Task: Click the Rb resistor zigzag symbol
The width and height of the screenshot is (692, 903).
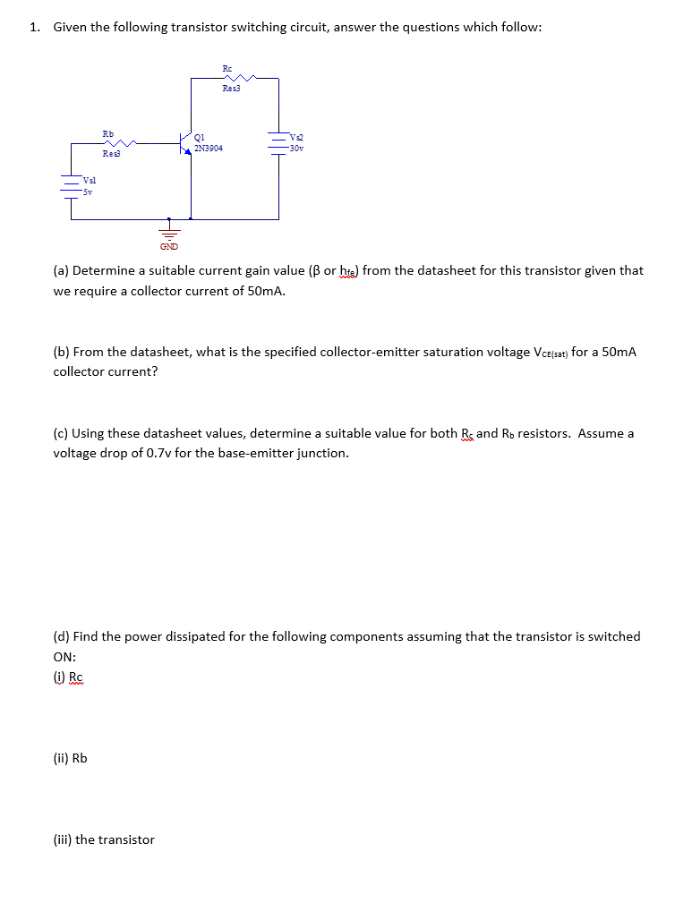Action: point(122,142)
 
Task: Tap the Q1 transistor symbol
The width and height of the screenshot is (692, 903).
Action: point(185,143)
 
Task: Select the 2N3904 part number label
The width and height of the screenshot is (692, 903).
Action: point(209,149)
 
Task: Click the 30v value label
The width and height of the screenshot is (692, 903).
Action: point(297,149)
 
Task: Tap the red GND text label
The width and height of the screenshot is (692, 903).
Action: point(168,245)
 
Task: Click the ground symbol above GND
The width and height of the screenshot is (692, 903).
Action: point(168,229)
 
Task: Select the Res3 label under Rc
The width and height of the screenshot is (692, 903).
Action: point(232,89)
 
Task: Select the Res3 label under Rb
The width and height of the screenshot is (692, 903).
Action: point(111,154)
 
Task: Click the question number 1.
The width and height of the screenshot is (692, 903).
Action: point(34,27)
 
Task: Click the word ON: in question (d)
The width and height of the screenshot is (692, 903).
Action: point(65,656)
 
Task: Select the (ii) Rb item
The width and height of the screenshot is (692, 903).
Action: point(71,758)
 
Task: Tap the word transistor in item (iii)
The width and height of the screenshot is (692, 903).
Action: point(126,839)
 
